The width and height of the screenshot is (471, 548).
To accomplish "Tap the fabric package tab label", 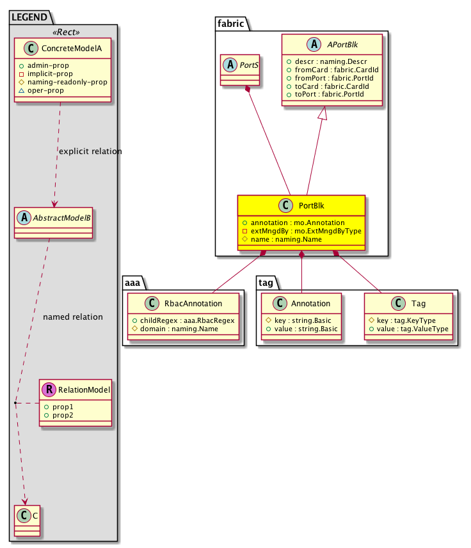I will (230, 22).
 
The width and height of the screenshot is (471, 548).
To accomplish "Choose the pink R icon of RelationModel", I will (49, 389).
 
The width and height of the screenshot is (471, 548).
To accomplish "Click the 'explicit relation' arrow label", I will (90, 152).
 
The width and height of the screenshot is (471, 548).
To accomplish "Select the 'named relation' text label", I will (72, 317).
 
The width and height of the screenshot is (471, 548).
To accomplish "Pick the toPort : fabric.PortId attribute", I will (328, 95).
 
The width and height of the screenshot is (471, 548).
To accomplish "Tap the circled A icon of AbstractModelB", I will (24, 217).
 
